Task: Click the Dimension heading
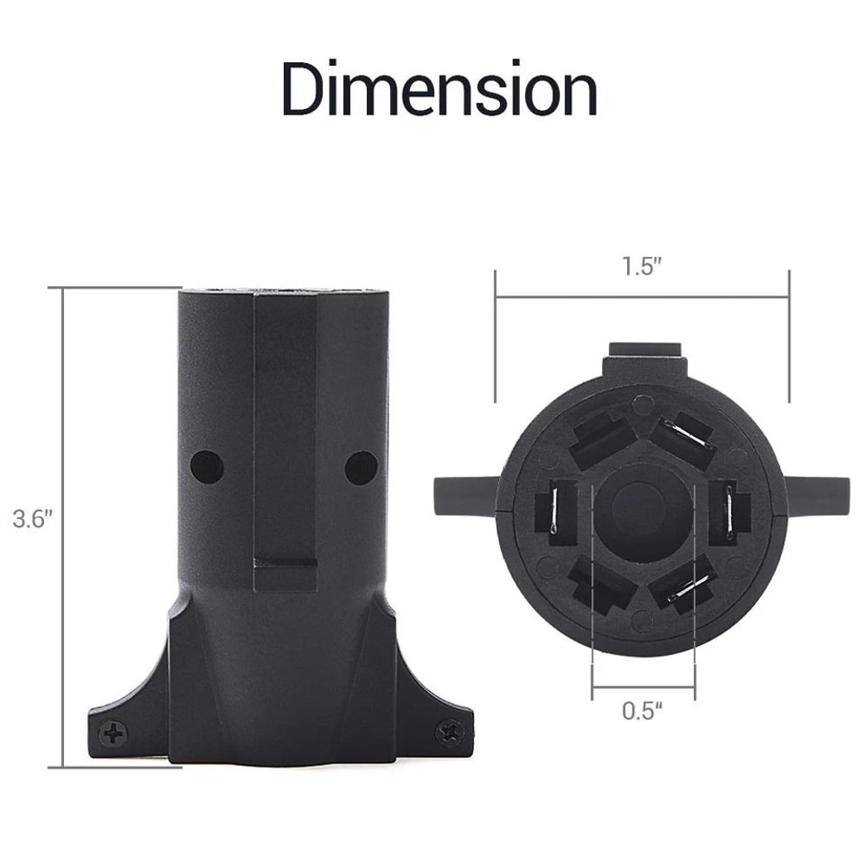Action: (x=439, y=89)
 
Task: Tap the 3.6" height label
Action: (x=33, y=519)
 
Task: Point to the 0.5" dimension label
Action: (x=642, y=710)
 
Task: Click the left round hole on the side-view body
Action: (x=207, y=466)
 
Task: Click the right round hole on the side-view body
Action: (x=361, y=467)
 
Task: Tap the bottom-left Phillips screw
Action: (x=114, y=734)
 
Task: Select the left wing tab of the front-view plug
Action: (x=467, y=496)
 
